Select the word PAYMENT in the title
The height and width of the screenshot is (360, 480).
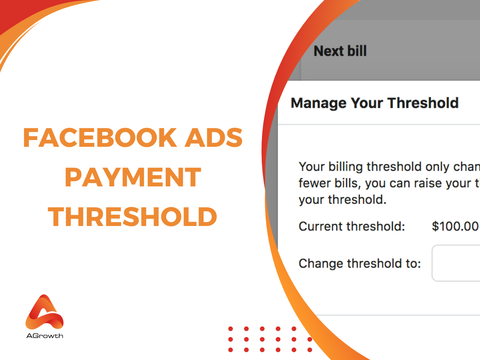[x=130, y=178]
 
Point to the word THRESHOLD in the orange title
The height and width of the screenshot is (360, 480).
[x=130, y=216]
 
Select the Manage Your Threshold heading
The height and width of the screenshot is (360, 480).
[x=374, y=103]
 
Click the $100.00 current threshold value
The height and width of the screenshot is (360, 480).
[x=455, y=227]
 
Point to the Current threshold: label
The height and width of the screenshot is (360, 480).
[x=351, y=227]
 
